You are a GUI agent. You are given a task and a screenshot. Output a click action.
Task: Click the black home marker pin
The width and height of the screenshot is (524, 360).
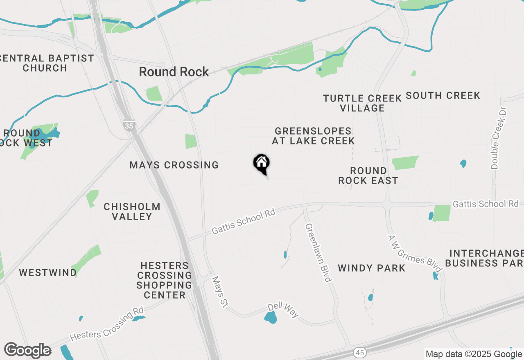tap(262, 164)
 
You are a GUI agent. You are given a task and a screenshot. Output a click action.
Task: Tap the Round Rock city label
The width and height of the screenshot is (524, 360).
tap(174, 72)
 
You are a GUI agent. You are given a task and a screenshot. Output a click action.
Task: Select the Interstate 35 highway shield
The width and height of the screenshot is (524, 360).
tap(129, 126)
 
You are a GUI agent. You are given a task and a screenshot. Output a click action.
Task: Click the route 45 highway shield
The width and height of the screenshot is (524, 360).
tap(360, 352)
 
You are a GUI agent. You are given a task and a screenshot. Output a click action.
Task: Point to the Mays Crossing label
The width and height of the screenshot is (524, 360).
tap(174, 165)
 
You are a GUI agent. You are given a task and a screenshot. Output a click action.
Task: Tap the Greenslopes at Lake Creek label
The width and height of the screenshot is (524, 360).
tap(313, 136)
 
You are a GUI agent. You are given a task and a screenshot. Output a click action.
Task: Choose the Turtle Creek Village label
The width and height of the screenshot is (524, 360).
tap(362, 103)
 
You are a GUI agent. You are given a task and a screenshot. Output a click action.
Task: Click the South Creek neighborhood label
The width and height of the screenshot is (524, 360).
tap(443, 96)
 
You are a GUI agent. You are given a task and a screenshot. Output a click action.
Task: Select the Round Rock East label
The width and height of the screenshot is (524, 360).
tap(368, 175)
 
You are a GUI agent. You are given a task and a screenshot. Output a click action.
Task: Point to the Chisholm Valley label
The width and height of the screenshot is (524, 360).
tap(132, 211)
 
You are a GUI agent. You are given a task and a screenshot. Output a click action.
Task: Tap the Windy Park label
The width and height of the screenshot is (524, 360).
tap(372, 268)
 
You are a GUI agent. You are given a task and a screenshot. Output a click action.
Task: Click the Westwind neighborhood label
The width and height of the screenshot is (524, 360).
tap(48, 272)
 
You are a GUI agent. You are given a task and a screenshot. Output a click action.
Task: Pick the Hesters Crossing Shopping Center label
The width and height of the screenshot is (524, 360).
tap(164, 280)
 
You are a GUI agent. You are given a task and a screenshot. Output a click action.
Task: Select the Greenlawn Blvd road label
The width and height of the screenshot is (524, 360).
tap(318, 252)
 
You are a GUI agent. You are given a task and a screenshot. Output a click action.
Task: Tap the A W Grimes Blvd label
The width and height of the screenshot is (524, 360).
tap(415, 254)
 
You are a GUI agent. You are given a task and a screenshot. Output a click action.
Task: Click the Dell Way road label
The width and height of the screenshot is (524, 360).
tap(283, 310)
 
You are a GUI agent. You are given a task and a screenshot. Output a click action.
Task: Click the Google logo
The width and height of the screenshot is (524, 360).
tap(27, 351)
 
